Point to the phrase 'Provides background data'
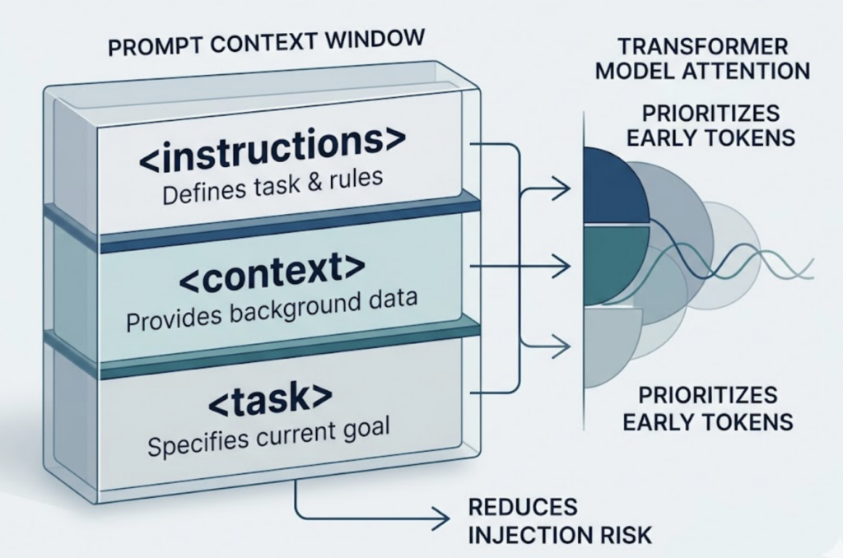272,314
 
